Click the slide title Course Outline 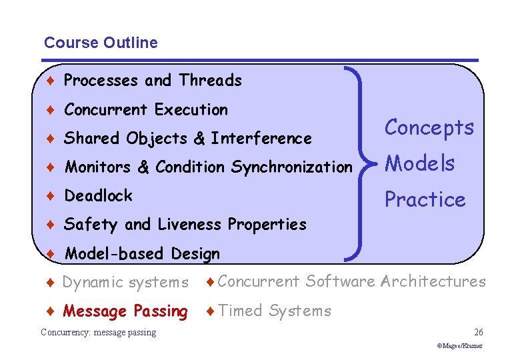point(101,43)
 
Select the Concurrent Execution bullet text point(146,109)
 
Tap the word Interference point(261,139)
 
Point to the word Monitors point(99,167)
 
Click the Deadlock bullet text point(98,196)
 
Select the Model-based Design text point(142,254)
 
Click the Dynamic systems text point(125,283)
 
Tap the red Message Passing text point(125,311)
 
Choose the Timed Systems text point(274,311)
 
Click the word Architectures point(433,282)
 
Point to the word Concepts point(429,127)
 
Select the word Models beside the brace point(420,163)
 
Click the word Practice point(425,199)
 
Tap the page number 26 point(478,332)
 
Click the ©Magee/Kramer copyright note point(459,346)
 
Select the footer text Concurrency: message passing point(98,332)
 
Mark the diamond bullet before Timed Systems point(210,311)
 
